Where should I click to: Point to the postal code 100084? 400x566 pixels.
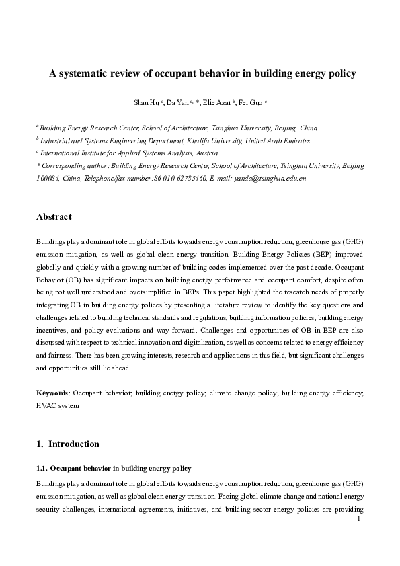tap(47, 179)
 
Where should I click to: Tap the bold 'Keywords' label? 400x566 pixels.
tap(51, 392)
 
